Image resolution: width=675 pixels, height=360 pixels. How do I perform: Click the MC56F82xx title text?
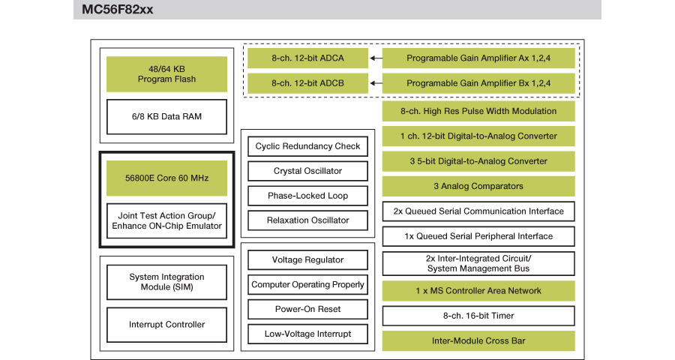(118, 10)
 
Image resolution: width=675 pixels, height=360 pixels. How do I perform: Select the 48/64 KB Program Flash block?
(166, 74)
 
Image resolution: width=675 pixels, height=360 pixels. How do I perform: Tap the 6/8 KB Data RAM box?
(166, 117)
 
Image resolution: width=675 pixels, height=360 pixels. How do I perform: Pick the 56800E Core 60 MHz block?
(166, 178)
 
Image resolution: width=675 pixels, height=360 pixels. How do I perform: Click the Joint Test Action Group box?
(166, 221)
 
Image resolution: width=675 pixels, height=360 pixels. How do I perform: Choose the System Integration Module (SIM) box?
(166, 282)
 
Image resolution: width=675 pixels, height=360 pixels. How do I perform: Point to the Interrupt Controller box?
(166, 325)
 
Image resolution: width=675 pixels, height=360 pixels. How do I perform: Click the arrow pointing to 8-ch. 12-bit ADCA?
(376, 58)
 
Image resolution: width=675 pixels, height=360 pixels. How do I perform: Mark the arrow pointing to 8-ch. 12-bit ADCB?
(376, 83)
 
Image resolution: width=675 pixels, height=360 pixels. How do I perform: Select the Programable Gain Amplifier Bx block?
(478, 83)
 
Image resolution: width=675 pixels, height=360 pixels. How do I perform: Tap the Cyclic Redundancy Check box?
(307, 146)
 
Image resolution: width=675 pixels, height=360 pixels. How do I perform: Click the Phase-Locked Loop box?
(307, 196)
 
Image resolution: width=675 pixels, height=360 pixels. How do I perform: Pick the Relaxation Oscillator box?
(307, 220)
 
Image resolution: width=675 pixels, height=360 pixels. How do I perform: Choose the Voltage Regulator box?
(307, 260)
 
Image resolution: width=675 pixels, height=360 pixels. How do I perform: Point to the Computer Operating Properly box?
(307, 285)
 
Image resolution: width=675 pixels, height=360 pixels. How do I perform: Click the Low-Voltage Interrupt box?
(307, 334)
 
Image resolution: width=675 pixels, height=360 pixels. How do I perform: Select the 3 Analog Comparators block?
(478, 186)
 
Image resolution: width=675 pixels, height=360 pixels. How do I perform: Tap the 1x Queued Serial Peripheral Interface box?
(478, 236)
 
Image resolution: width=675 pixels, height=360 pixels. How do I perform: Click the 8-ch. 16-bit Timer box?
(478, 316)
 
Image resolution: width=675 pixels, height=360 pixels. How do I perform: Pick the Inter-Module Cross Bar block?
(478, 340)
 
